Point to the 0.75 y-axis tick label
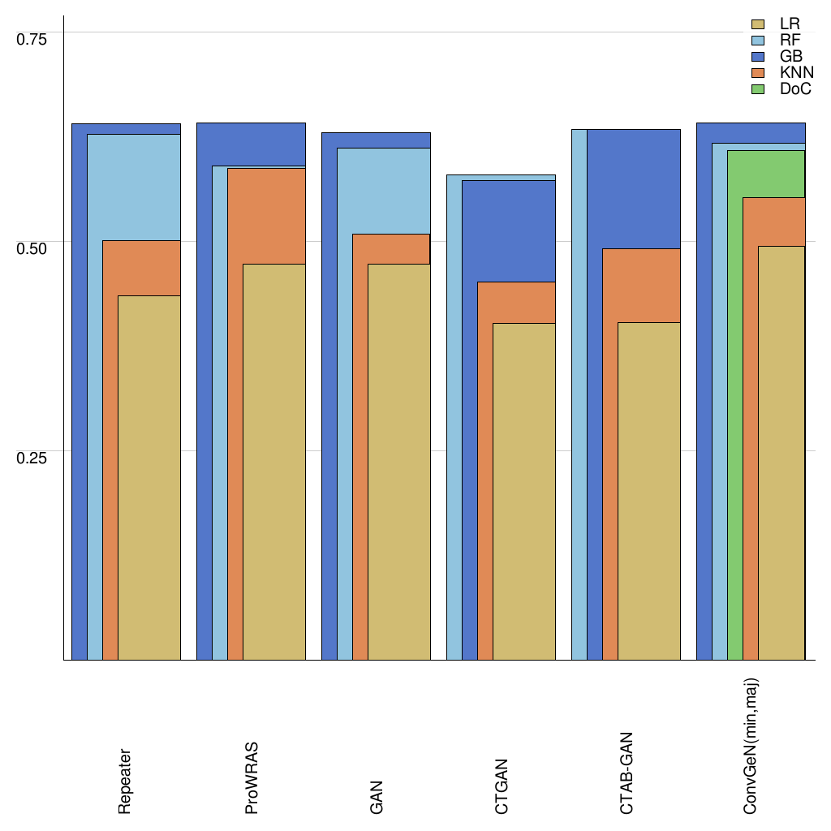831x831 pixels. pyautogui.click(x=32, y=38)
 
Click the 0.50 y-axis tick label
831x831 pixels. pyautogui.click(x=32, y=248)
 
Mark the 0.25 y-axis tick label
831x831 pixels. pyautogui.click(x=32, y=458)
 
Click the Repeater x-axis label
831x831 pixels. pyautogui.click(x=124, y=781)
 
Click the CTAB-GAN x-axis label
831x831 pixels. pyautogui.click(x=626, y=773)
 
